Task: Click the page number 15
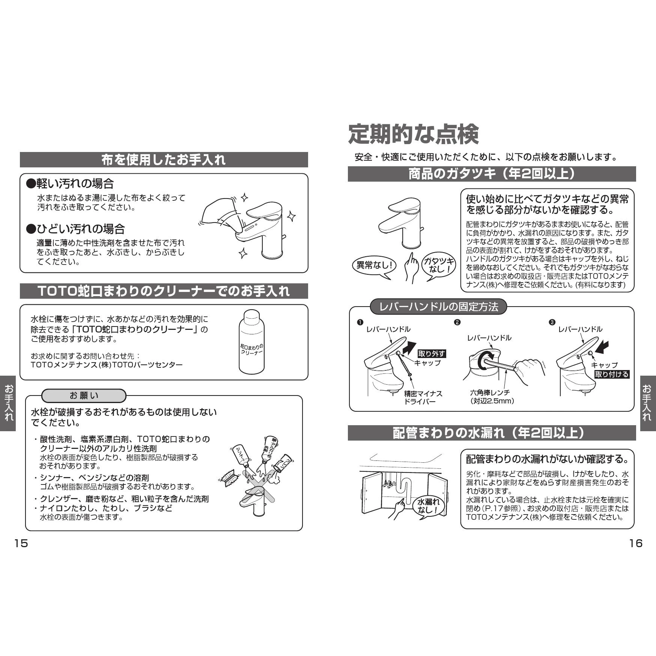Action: pyautogui.click(x=21, y=543)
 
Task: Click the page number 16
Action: pyautogui.click(x=636, y=543)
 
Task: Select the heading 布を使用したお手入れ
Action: pyautogui.click(x=164, y=160)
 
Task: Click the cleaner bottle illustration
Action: pyautogui.click(x=251, y=342)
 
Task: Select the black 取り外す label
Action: pyautogui.click(x=432, y=354)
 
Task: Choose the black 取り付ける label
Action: pyautogui.click(x=611, y=374)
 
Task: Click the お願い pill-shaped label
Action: pyautogui.click(x=84, y=396)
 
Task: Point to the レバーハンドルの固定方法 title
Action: pyautogui.click(x=438, y=307)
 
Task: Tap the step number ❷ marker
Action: pyautogui.click(x=457, y=322)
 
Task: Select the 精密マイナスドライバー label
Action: pyautogui.click(x=423, y=397)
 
